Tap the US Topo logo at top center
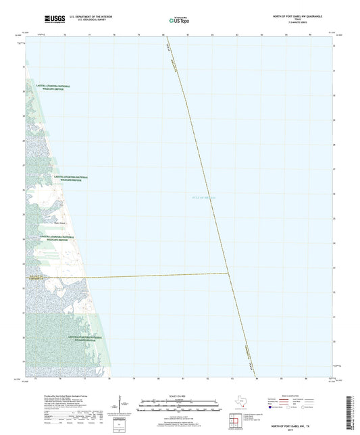pos(178,20)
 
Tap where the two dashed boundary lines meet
pos(229,274)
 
